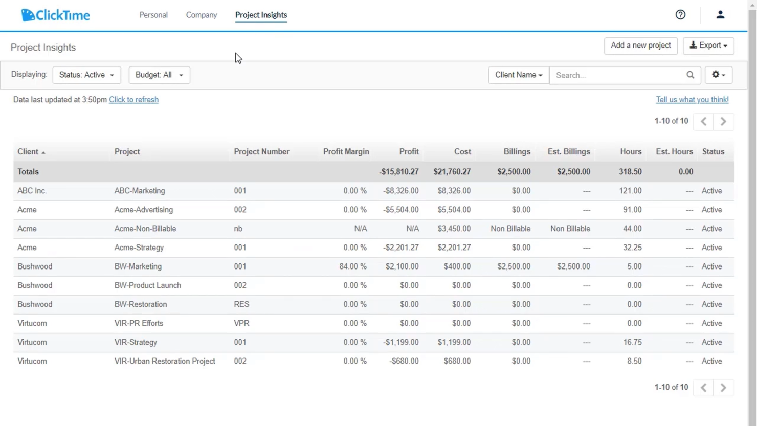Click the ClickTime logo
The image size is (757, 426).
tap(55, 15)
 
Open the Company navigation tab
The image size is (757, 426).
tap(202, 15)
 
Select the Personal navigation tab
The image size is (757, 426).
tap(153, 15)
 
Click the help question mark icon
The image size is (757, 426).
tap(680, 15)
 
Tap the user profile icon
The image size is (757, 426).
tap(720, 15)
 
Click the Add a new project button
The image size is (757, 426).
tap(640, 46)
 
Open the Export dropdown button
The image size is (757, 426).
tap(708, 46)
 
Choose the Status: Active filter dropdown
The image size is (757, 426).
tap(86, 75)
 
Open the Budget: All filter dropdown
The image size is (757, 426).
tap(159, 75)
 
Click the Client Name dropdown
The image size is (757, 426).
tap(518, 75)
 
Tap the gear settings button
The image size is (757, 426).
tap(718, 75)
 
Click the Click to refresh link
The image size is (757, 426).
tap(133, 100)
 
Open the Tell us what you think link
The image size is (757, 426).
tap(692, 100)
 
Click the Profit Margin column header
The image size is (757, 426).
tap(346, 152)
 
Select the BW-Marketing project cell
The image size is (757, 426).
tap(138, 266)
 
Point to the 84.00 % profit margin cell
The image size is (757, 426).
tap(353, 266)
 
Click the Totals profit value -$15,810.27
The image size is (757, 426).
tap(399, 172)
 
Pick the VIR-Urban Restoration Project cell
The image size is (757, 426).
tap(165, 361)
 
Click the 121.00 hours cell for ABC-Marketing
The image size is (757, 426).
tap(630, 191)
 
